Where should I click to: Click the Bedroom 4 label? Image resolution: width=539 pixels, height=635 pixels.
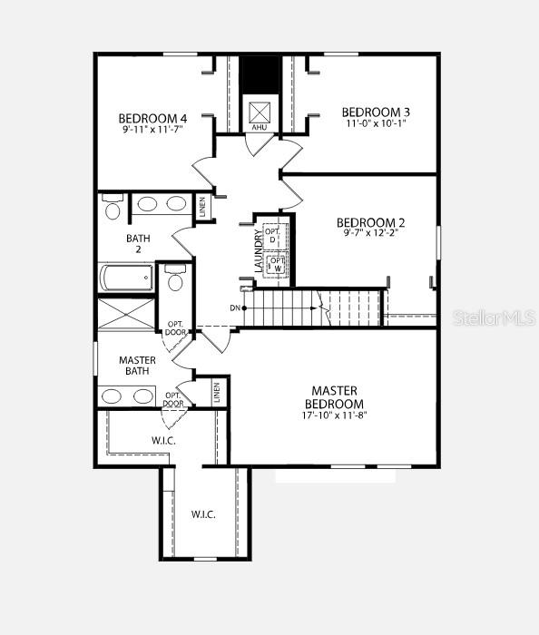(152, 118)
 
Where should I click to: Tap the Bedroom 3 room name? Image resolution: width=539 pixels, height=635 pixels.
(369, 112)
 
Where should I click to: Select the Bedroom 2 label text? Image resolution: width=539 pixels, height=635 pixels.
(370, 222)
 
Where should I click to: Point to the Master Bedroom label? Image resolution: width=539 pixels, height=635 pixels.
(334, 396)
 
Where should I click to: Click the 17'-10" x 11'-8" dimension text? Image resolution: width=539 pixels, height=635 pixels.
(334, 415)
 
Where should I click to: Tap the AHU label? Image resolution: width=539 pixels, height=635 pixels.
(260, 128)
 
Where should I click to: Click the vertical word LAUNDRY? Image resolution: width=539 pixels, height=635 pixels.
(259, 251)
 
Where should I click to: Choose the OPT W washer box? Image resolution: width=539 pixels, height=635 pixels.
(274, 264)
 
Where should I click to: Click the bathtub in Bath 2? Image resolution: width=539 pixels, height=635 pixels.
(126, 277)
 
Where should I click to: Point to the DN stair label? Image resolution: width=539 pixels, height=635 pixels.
(235, 308)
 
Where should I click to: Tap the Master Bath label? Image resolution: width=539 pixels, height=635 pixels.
(137, 366)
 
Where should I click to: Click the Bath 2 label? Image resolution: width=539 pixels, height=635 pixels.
(138, 244)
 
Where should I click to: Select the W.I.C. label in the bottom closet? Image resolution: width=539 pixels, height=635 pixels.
(203, 514)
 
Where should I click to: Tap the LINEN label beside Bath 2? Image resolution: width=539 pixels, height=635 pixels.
(205, 206)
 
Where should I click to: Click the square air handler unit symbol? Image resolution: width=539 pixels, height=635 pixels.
(260, 112)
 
